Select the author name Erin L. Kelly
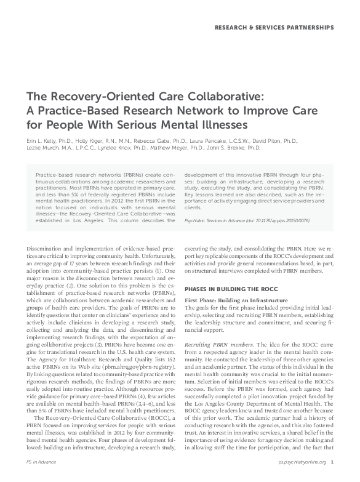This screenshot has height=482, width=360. pyautogui.click(x=41, y=141)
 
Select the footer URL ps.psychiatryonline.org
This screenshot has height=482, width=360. pyautogui.click(x=302, y=478)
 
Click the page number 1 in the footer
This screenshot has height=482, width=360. pyautogui.click(x=332, y=478)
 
